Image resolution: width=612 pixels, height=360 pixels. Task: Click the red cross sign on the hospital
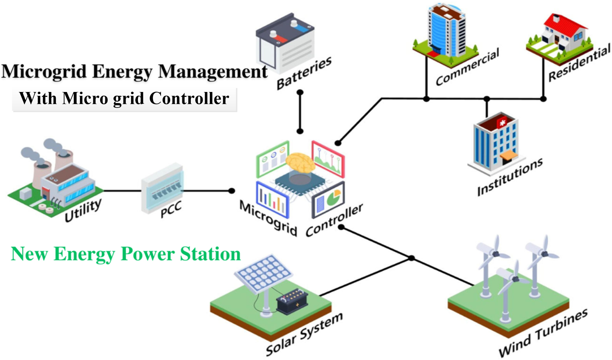[x=502, y=123]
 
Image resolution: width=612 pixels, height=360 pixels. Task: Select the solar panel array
[x=263, y=273]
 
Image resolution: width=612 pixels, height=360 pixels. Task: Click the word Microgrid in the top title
[x=44, y=71]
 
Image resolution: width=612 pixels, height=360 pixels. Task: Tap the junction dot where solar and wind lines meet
[x=411, y=258]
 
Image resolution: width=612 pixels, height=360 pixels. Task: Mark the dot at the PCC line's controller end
[x=232, y=191]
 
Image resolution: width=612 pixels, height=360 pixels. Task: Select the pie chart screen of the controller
[x=329, y=200]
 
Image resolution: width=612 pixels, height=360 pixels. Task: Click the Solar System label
[x=304, y=334]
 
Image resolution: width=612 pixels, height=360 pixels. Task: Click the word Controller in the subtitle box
[x=189, y=98]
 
